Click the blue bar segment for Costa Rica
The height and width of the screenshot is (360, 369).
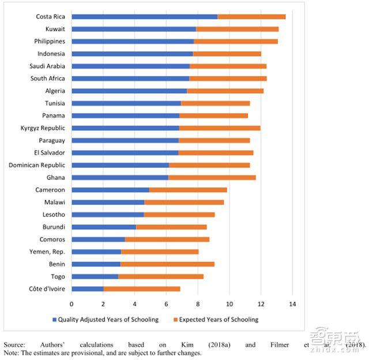145,17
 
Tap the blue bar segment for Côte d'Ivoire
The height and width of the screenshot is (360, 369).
88,288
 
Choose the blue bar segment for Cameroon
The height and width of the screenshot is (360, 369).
111,190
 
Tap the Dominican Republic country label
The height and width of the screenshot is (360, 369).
37,165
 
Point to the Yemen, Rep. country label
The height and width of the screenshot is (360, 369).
47,252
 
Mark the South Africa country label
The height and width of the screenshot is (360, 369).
48,78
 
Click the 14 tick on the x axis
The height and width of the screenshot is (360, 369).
292,303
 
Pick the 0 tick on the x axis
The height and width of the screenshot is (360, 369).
72,303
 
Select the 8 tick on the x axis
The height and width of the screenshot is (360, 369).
198,303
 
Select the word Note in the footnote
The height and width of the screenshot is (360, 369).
11,352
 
